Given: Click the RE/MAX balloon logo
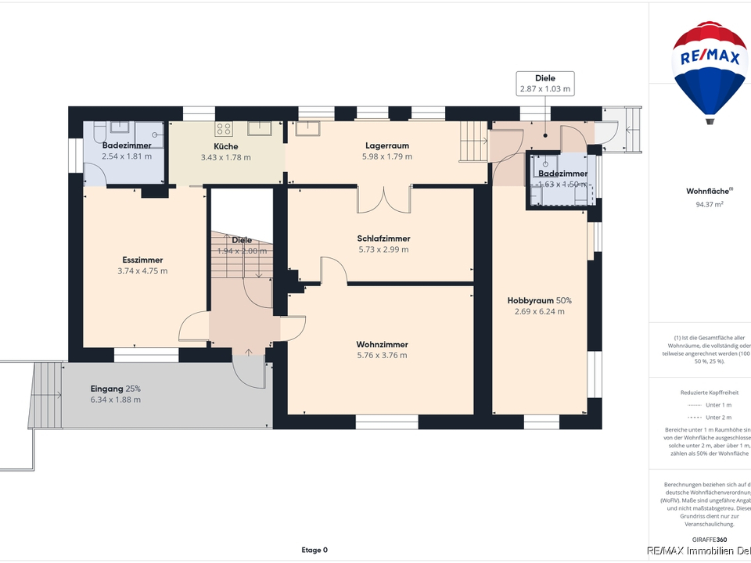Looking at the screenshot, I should (x=710, y=70).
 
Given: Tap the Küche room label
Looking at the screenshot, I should (x=225, y=146).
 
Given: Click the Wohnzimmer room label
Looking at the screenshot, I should (x=382, y=344).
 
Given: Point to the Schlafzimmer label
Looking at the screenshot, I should (x=383, y=238).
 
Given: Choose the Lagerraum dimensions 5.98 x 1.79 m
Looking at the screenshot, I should (x=386, y=156).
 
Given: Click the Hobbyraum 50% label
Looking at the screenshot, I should (x=539, y=300).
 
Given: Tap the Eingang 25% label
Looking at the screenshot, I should (x=116, y=389).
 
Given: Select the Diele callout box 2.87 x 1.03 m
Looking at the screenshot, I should (x=545, y=84).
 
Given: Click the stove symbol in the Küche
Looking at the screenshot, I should (x=224, y=129).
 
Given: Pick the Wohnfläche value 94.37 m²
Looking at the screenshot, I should (x=709, y=204).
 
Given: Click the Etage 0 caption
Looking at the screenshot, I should (x=314, y=550).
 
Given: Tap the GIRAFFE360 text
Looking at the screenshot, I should (x=710, y=540).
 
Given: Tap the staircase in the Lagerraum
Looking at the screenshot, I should (x=472, y=142).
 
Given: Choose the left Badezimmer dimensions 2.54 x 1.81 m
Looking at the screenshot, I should (x=127, y=156).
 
